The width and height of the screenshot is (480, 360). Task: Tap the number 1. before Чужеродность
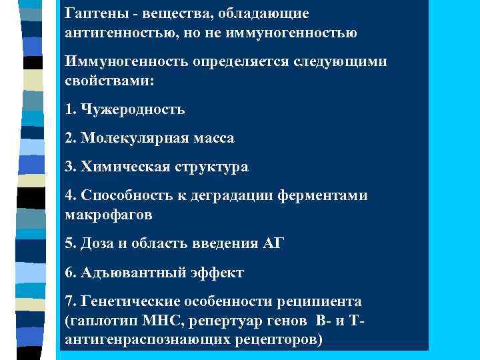72,109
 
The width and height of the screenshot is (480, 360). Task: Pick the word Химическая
125,167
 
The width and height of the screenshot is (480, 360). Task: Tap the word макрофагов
109,215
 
